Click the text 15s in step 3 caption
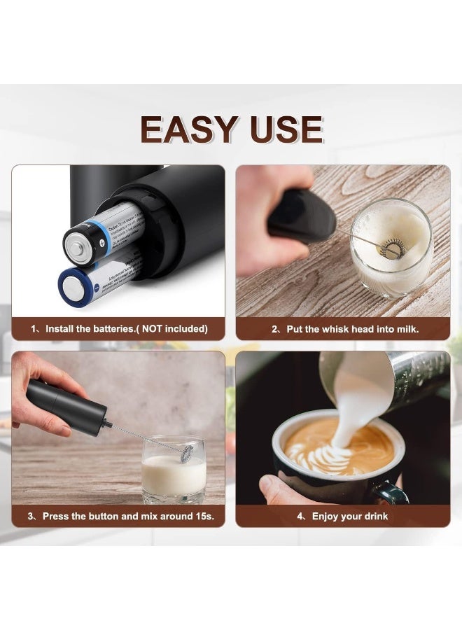click(204, 516)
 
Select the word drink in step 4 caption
click(374, 516)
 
